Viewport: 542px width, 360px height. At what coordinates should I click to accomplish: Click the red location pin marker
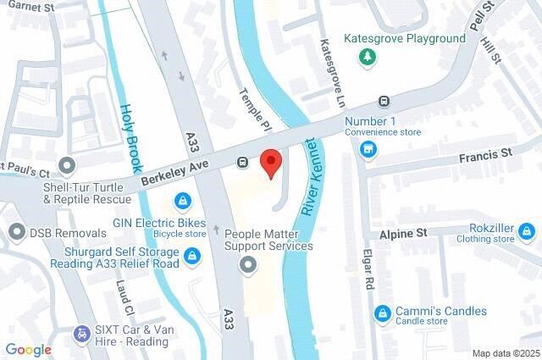270,161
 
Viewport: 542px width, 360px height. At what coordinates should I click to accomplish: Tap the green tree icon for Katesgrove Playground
368,57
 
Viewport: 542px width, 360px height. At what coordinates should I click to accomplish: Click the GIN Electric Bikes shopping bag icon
181,202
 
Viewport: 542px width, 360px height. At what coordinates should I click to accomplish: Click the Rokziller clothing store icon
527,230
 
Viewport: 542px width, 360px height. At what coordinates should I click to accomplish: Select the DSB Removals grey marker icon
15,231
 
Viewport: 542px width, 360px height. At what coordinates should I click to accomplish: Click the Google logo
28,348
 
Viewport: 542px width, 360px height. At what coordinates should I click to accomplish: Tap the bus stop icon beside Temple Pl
243,162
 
